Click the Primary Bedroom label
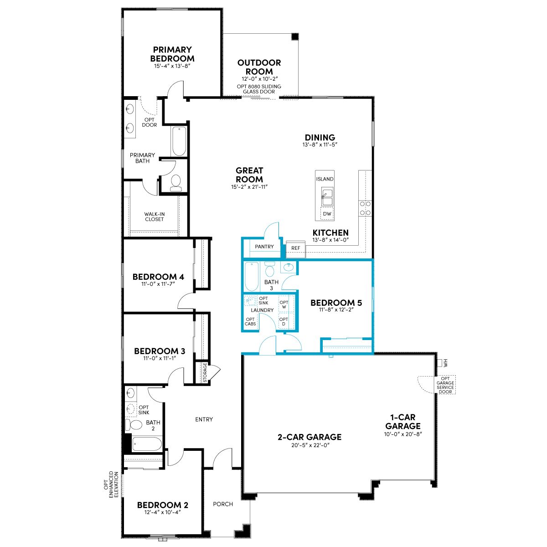click(x=172, y=54)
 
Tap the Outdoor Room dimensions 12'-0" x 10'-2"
click(x=259, y=78)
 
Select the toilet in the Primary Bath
click(x=175, y=182)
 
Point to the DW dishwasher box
click(x=327, y=214)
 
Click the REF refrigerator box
click(x=295, y=249)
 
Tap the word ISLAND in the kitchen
click(x=325, y=179)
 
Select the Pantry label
click(x=264, y=247)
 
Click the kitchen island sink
click(x=327, y=196)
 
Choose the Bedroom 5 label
click(x=336, y=303)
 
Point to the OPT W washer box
click(x=284, y=304)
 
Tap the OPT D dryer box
click(x=284, y=321)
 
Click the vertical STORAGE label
click(x=205, y=372)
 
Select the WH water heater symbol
click(x=440, y=363)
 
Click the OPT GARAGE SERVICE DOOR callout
click(x=445, y=385)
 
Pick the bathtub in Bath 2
click(x=147, y=444)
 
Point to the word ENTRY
click(x=204, y=419)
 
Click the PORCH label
click(x=223, y=504)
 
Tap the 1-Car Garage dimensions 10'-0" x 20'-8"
click(x=403, y=434)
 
